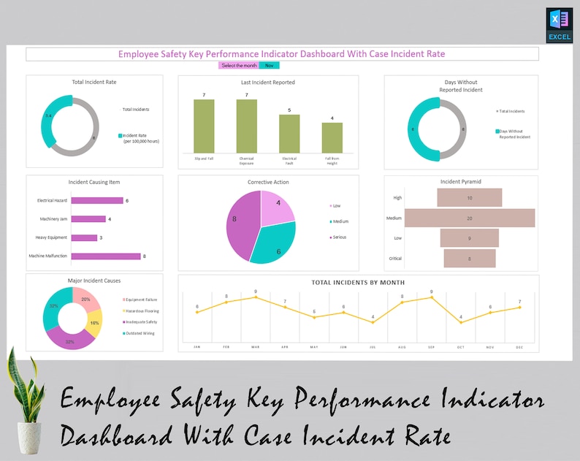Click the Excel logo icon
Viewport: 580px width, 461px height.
click(x=559, y=26)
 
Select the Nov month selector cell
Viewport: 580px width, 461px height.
click(x=268, y=66)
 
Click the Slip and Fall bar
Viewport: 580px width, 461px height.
click(x=204, y=126)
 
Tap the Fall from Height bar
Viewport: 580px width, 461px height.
click(x=332, y=137)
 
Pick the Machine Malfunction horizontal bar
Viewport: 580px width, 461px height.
click(x=106, y=256)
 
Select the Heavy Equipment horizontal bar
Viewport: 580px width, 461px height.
click(x=85, y=237)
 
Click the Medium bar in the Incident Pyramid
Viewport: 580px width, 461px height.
click(x=470, y=218)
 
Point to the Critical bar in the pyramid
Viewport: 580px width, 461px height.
click(x=470, y=258)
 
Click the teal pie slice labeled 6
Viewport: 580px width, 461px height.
click(x=274, y=243)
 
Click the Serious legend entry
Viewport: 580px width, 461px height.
click(x=338, y=237)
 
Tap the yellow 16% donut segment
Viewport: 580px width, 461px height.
click(x=94, y=322)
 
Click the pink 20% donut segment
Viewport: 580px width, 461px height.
click(x=85, y=297)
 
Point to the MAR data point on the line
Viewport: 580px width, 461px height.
click(x=256, y=297)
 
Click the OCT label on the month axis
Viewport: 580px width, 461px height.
click(x=460, y=347)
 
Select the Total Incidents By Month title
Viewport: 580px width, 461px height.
click(x=358, y=283)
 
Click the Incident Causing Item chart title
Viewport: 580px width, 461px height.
click(x=94, y=182)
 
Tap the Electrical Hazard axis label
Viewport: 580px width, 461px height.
click(x=52, y=200)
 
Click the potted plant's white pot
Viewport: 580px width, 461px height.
click(x=30, y=434)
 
